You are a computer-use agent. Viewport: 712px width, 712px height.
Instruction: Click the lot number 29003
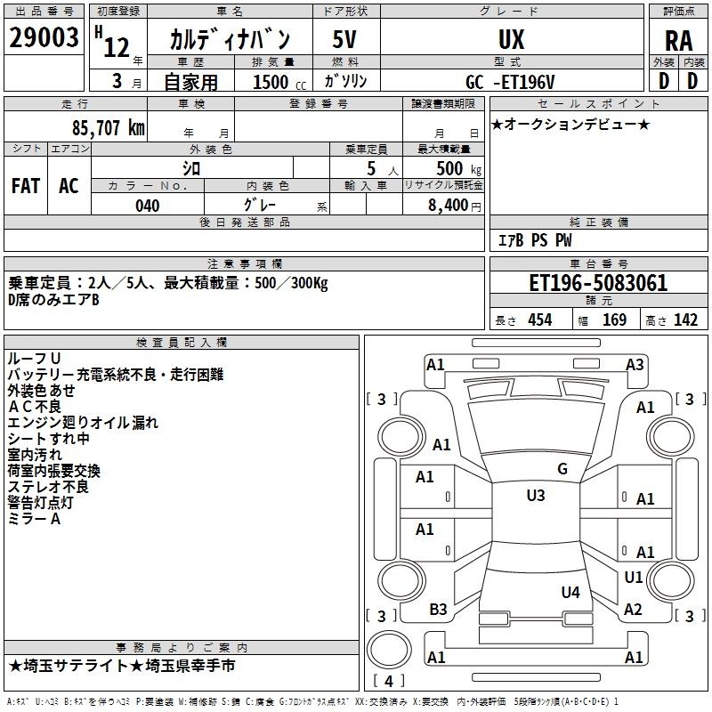point(44,37)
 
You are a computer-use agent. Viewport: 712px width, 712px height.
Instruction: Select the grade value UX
point(511,39)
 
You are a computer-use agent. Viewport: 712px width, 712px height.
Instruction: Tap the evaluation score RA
point(678,41)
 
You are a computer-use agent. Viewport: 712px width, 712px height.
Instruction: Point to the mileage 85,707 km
point(108,128)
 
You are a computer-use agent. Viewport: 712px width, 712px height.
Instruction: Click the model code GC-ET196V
point(510,82)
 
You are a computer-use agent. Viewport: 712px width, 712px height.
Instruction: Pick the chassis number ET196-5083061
point(598,283)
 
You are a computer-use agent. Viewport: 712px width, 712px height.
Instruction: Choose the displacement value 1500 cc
point(279,82)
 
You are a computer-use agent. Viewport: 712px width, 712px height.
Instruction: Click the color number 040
point(147,206)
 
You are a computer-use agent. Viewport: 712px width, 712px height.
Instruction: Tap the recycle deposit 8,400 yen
point(455,206)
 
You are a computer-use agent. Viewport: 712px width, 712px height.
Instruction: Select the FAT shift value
point(26,186)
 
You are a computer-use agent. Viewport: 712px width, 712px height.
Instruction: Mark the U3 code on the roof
point(536,496)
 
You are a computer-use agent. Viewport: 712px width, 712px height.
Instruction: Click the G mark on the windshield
point(562,469)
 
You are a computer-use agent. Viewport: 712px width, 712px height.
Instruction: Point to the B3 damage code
point(438,610)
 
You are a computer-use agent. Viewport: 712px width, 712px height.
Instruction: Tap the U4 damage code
point(570,592)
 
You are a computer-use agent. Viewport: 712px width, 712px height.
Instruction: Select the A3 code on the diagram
point(635,365)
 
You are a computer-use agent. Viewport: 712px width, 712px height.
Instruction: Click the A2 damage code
point(633,610)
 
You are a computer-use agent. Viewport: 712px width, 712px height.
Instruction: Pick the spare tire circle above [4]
point(389,632)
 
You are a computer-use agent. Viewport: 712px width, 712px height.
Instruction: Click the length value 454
point(540,320)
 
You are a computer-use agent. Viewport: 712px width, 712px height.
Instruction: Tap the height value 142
point(685,320)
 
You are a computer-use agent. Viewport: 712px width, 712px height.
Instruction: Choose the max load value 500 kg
point(458,168)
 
